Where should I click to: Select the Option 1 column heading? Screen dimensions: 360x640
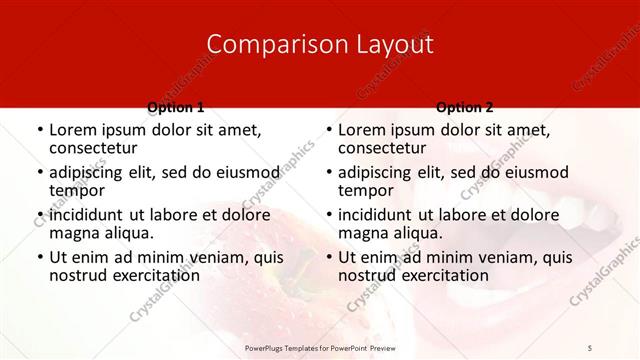pyautogui.click(x=175, y=106)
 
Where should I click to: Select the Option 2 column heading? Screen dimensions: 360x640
pyautogui.click(x=464, y=106)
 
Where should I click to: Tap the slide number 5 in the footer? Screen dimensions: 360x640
pyautogui.click(x=591, y=347)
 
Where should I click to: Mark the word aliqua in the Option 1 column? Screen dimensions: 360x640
pyautogui.click(x=131, y=233)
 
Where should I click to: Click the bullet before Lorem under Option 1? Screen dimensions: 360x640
pyautogui.click(x=39, y=130)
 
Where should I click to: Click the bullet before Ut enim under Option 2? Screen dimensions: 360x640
pyautogui.click(x=328, y=257)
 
